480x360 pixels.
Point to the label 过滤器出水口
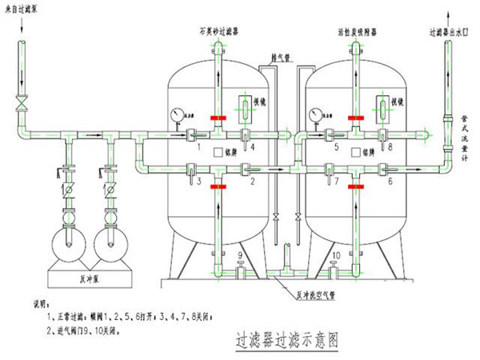449,34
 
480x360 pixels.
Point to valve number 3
193,169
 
